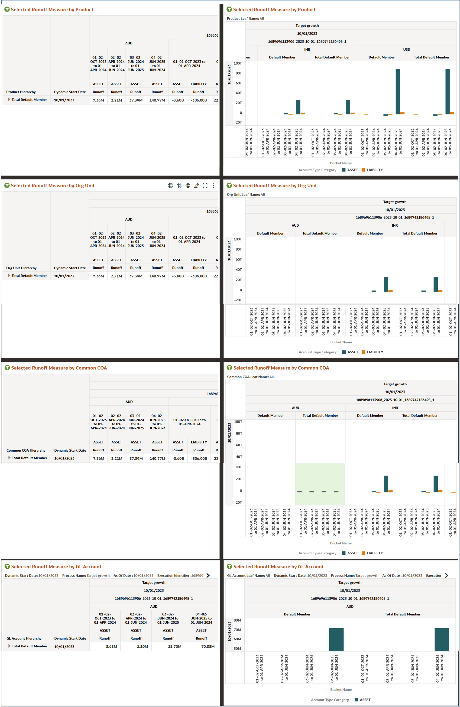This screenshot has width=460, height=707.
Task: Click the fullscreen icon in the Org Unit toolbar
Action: pos(205,186)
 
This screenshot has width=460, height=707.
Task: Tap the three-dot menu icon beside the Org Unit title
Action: pos(214,186)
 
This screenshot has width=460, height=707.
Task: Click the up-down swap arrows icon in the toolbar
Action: pos(179,186)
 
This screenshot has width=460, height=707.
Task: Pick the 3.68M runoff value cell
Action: pos(111,646)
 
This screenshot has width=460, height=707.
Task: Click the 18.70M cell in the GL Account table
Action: pos(175,646)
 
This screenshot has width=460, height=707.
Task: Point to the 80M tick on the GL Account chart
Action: pos(237,620)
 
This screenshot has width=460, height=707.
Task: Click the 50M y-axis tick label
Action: pos(237,648)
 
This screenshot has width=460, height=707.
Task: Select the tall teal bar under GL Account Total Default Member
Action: pos(442,640)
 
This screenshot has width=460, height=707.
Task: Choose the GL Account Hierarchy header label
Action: pos(24,638)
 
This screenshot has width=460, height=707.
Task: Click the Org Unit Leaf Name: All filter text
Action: pos(246,195)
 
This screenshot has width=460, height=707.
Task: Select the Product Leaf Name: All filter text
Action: pos(245,18)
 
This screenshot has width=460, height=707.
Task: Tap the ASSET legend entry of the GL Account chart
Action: pos(362,700)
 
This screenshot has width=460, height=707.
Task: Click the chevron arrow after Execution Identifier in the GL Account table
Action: pos(208,575)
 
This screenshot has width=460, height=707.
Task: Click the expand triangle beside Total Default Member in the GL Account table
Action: pos(10,646)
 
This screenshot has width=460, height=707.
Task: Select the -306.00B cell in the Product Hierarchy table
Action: pos(199,100)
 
